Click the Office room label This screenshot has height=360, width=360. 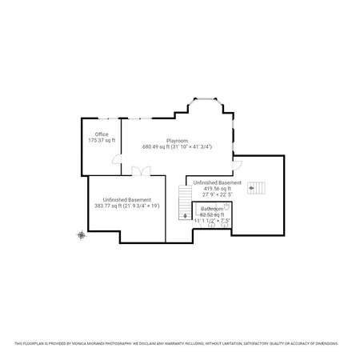coord(102,134)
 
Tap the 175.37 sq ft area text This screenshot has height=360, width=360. coord(102,140)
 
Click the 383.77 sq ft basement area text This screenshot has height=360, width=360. coord(127,206)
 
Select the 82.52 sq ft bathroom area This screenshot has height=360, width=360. coord(212,214)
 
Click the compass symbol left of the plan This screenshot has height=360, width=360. coord(81,234)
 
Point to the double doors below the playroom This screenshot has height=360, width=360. coord(142,171)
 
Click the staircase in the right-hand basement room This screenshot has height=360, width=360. coord(256,188)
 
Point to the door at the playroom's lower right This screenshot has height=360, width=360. coord(237,165)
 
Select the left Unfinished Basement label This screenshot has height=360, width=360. coord(127,199)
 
